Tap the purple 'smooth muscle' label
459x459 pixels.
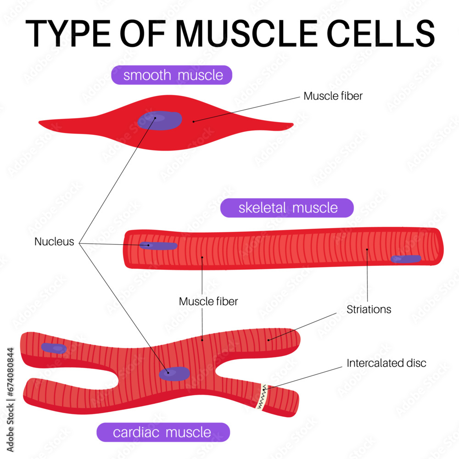pos(172,75)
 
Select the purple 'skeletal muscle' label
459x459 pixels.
pos(287,208)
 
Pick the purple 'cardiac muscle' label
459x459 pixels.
pos(162,432)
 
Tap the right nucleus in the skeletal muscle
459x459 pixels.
pos(406,259)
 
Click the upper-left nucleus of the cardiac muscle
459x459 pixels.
pos(54,348)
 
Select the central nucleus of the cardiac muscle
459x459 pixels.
pos(174,373)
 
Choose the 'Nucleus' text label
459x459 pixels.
pos(54,242)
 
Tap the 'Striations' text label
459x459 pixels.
pos(369,309)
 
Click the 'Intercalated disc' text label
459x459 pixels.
pos(386,363)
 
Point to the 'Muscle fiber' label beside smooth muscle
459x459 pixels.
pos(333,96)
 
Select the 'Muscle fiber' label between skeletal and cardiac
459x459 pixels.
pos(208,302)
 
